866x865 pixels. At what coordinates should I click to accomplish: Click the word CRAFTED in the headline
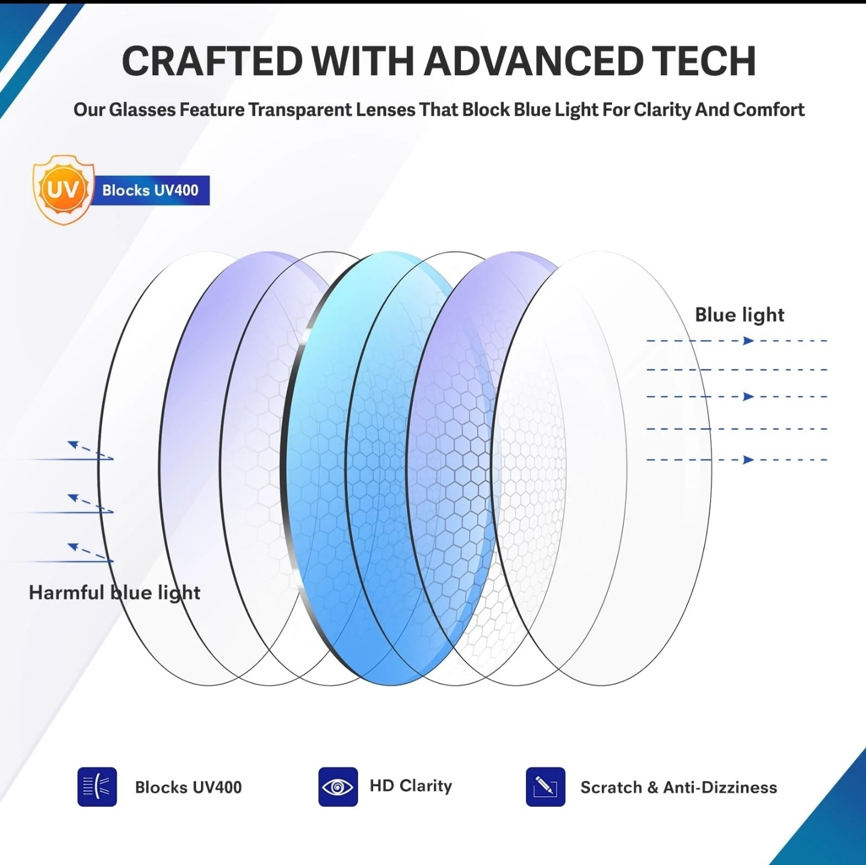212,61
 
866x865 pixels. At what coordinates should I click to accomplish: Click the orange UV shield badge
64,190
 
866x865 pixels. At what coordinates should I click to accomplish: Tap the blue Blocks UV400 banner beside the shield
150,190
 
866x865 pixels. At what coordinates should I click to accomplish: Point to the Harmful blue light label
114,592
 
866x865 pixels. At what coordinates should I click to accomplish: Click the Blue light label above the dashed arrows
739,315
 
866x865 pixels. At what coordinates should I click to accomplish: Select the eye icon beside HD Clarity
338,787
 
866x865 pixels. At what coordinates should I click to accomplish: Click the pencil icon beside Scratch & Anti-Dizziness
546,787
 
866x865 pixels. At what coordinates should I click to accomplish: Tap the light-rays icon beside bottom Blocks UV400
97,787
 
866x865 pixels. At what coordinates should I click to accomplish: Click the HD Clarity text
411,786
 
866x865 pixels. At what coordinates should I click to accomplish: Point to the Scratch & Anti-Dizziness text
679,787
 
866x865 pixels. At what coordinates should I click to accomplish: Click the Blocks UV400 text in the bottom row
188,787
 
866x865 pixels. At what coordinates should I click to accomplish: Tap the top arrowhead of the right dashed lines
748,341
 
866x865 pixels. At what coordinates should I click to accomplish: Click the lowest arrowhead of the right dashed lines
748,459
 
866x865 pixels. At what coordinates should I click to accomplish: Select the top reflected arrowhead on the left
73,445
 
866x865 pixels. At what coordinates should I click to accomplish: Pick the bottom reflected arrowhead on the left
73,547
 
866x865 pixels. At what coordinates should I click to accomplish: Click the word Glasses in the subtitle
143,110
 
